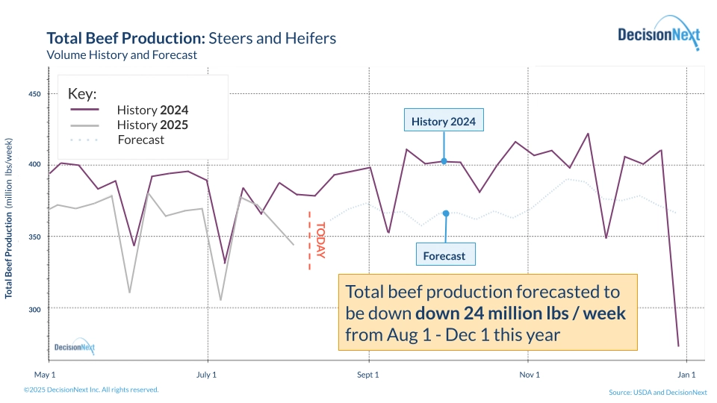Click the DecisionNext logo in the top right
[658, 34]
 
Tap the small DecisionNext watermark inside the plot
[75, 347]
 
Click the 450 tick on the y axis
[34, 94]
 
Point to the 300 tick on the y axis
[34, 308]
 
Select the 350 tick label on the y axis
[34, 237]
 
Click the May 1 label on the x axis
[46, 375]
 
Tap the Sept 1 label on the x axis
[367, 375]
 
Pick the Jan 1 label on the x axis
[686, 375]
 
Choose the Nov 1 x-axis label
[529, 375]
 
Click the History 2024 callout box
[444, 122]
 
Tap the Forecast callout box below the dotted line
[444, 256]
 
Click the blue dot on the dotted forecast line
[446, 213]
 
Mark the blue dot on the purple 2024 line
[444, 160]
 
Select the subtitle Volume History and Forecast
[122, 54]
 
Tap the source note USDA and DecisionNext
[657, 392]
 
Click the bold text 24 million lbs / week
[535, 313]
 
